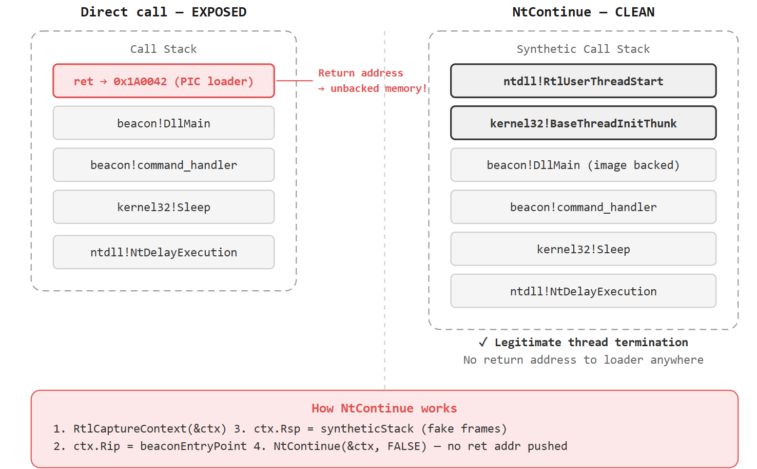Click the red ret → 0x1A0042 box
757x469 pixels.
point(163,81)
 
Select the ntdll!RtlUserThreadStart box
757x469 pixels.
point(583,81)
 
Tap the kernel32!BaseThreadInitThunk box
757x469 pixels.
point(583,123)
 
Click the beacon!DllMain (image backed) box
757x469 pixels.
point(583,165)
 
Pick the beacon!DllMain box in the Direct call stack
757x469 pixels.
point(163,123)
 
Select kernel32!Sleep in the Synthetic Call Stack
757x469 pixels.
point(583,249)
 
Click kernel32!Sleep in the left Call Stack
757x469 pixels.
point(163,207)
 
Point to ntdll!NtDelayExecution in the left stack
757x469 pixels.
point(163,252)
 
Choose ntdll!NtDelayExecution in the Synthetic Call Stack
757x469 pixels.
point(583,291)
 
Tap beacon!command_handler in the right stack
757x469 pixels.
point(583,207)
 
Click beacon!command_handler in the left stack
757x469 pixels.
point(163,165)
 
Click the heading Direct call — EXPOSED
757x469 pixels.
point(163,12)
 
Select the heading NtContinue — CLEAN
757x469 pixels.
point(583,12)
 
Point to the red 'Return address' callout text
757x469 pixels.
point(361,73)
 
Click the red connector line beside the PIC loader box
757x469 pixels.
point(294,81)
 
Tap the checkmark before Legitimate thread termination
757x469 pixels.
point(483,342)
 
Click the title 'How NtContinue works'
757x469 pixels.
point(384,408)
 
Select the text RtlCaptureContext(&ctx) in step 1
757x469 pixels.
point(149,429)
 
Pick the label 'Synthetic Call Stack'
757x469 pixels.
point(583,49)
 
